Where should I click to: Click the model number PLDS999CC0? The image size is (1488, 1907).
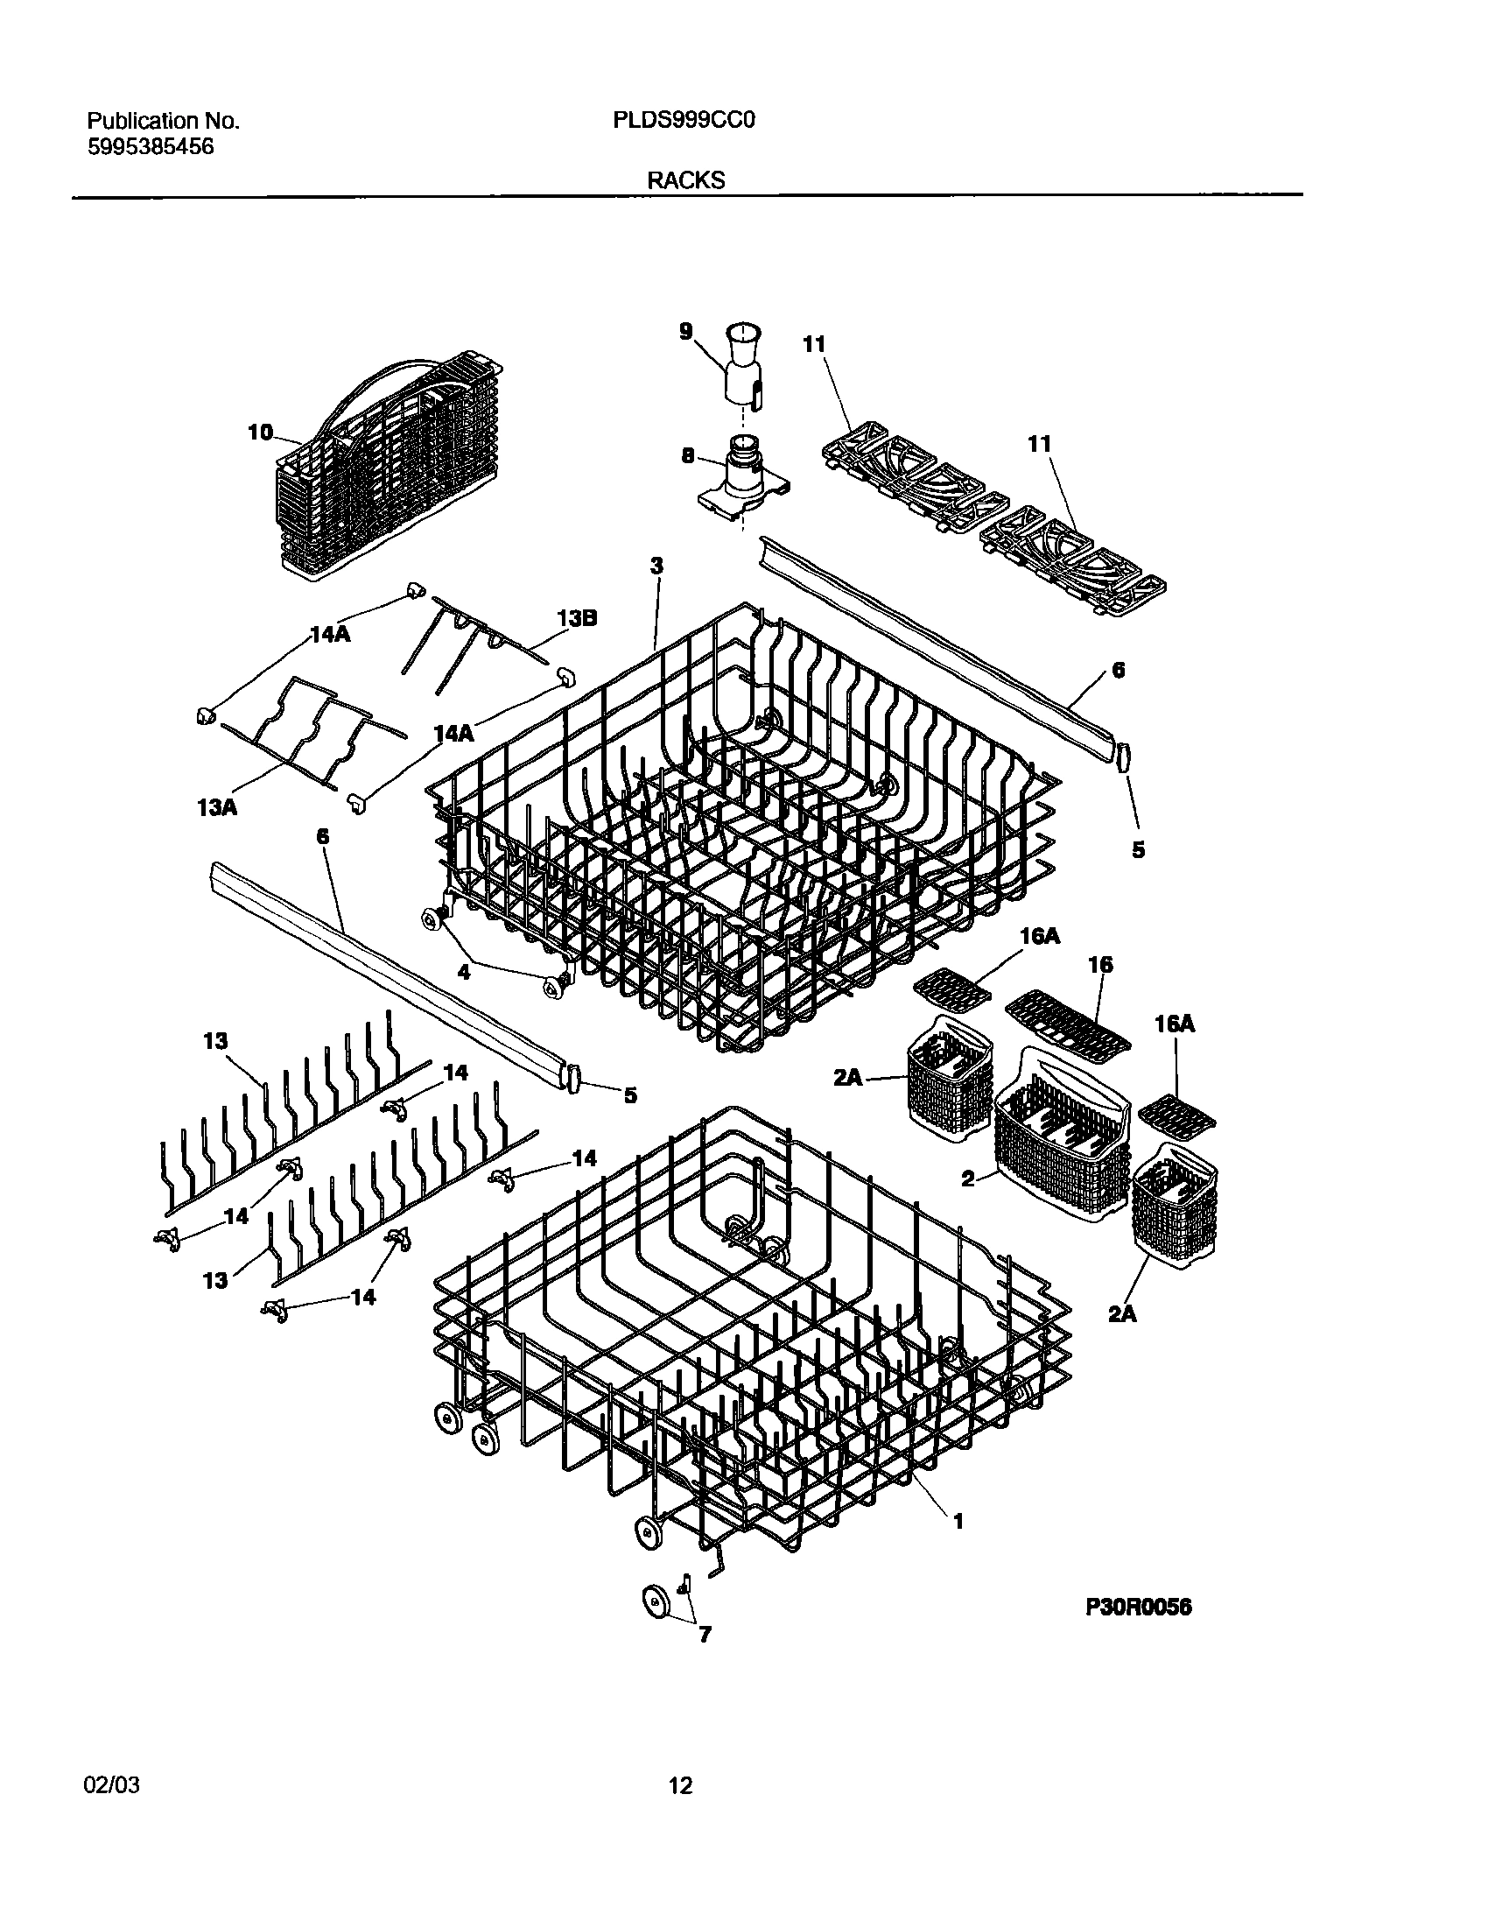(684, 121)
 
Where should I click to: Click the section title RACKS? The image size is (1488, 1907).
(686, 180)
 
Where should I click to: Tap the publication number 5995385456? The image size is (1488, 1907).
(151, 147)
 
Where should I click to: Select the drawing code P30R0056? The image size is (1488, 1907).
(1139, 1608)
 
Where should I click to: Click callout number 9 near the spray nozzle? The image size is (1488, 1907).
(686, 331)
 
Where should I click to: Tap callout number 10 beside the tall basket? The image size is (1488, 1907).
(260, 433)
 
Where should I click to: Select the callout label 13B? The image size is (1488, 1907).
(577, 618)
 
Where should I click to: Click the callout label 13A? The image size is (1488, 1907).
(217, 806)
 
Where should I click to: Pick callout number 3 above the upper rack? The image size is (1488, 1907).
(656, 566)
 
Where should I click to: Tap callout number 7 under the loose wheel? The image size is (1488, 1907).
(705, 1634)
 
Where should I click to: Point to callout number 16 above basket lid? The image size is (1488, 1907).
(1100, 965)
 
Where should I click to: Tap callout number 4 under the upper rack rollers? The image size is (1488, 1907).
(464, 972)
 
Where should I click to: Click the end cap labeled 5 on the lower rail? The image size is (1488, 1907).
(574, 1078)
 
